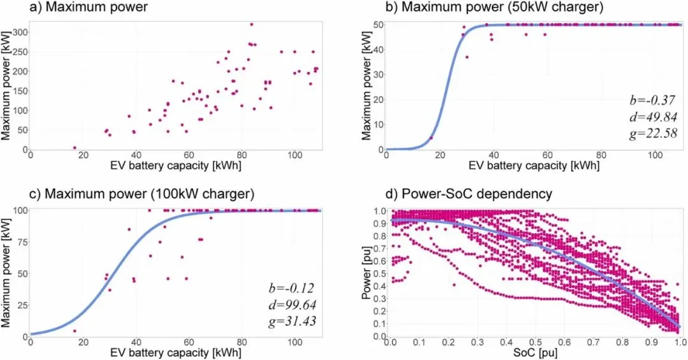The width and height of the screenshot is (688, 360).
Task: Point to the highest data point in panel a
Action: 252,24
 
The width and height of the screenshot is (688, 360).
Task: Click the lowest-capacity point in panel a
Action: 75,147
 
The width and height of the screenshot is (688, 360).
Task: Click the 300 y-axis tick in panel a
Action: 20,31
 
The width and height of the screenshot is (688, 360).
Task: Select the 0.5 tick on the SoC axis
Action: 534,342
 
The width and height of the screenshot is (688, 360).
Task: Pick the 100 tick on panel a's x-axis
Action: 294,155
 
